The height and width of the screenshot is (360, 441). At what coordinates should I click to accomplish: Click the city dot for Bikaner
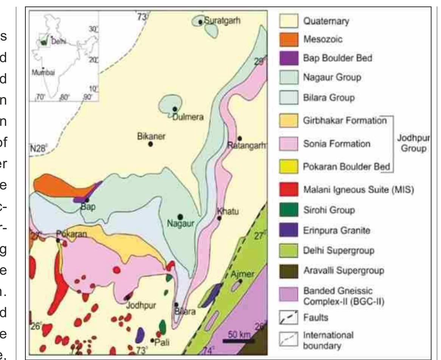tap(150, 144)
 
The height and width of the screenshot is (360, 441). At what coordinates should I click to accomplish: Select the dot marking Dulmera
tap(175, 109)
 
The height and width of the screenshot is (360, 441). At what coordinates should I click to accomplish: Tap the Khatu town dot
tap(219, 218)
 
